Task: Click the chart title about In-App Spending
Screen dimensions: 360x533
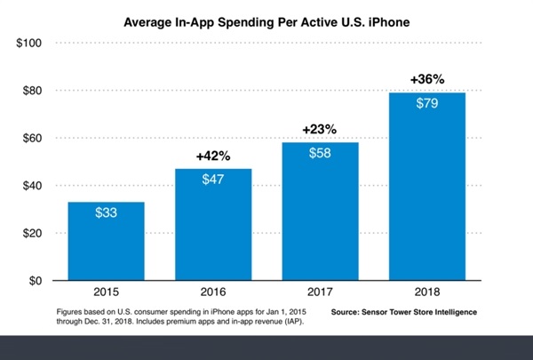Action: [x=266, y=16]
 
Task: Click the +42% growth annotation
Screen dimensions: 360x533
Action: [x=212, y=156]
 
